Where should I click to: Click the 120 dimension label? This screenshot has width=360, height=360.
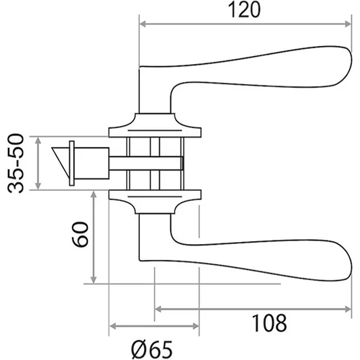pyautogui.click(x=244, y=11)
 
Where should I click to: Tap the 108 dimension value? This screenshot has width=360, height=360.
pyautogui.click(x=269, y=323)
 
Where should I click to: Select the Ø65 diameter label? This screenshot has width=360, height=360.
pyautogui.click(x=152, y=349)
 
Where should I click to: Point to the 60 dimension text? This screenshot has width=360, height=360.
pyautogui.click(x=81, y=235)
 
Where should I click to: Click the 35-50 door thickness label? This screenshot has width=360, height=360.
pyautogui.click(x=16, y=163)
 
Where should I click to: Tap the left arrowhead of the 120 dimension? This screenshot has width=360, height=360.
pyautogui.click(x=143, y=24)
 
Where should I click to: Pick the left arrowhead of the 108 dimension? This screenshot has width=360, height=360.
pyautogui.click(x=158, y=309)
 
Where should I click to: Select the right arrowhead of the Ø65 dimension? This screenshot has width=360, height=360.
pyautogui.click(x=196, y=326)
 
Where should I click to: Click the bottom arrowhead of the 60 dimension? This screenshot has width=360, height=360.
pyautogui.click(x=94, y=280)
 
